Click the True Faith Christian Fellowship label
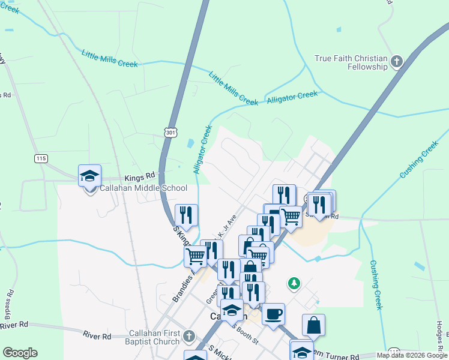351,62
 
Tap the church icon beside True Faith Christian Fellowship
396,61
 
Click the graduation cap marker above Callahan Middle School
89,176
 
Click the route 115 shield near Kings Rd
41,158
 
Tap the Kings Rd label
140,178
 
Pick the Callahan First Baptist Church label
155,337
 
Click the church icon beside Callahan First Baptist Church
189,336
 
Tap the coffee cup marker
273,314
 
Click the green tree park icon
294,283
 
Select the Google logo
20,353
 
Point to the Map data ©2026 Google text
412,355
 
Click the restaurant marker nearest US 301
186,215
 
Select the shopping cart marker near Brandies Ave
195,256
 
